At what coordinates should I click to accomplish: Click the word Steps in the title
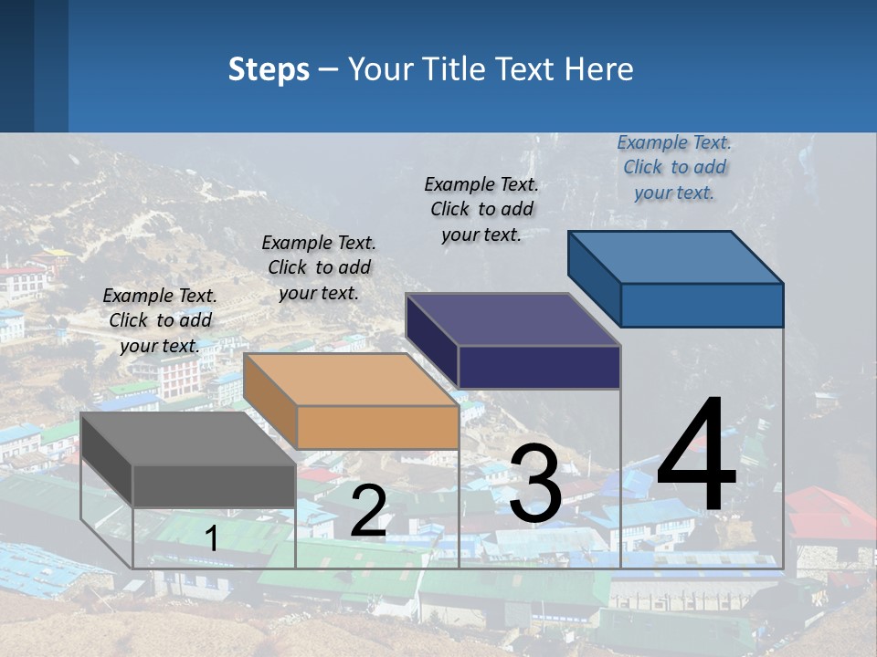[269, 69]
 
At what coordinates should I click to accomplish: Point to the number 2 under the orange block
[368, 511]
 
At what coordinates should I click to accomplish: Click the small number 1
[212, 538]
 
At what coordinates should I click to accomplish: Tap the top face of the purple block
[512, 319]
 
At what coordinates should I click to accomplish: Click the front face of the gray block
[214, 485]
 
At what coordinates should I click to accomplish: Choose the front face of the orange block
[377, 427]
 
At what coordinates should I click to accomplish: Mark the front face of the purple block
[539, 367]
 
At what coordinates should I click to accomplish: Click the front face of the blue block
[702, 305]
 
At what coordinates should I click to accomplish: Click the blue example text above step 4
[674, 167]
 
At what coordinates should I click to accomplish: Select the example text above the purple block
[481, 209]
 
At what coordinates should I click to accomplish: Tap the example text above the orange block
[319, 267]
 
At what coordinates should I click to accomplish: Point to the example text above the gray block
[160, 320]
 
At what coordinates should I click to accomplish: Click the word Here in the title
[599, 69]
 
